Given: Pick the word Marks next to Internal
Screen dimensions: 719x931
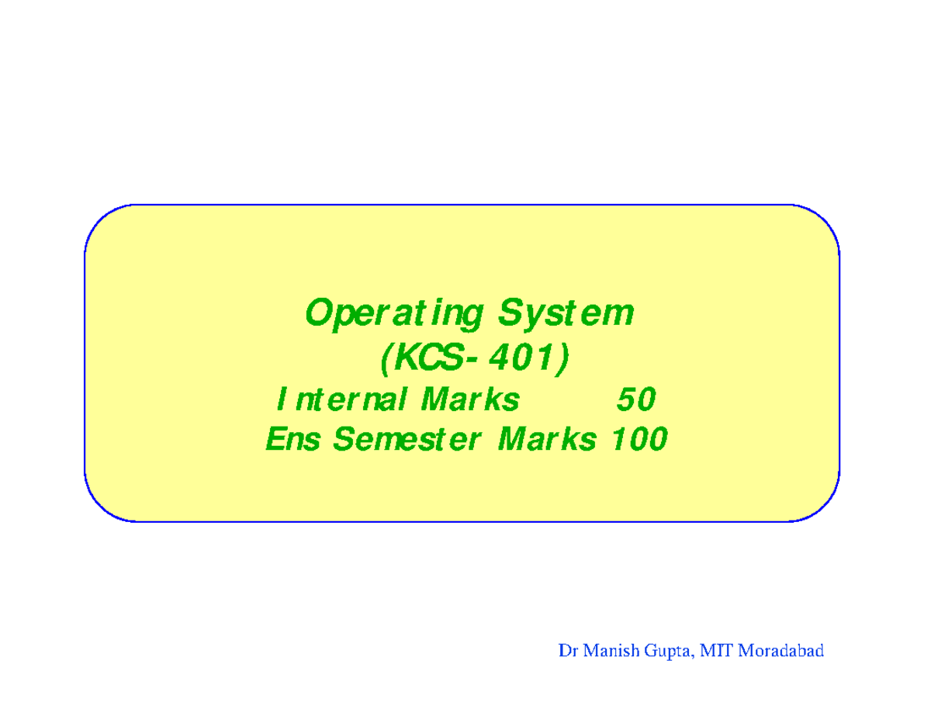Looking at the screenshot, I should pyautogui.click(x=470, y=400).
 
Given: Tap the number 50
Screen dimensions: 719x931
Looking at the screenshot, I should pyautogui.click(x=635, y=400).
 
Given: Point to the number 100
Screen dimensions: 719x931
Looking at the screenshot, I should pyautogui.click(x=639, y=441).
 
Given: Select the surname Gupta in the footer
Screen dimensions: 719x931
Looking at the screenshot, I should pyautogui.click(x=666, y=652).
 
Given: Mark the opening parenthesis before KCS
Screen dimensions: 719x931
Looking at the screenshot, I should pyautogui.click(x=386, y=358).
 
